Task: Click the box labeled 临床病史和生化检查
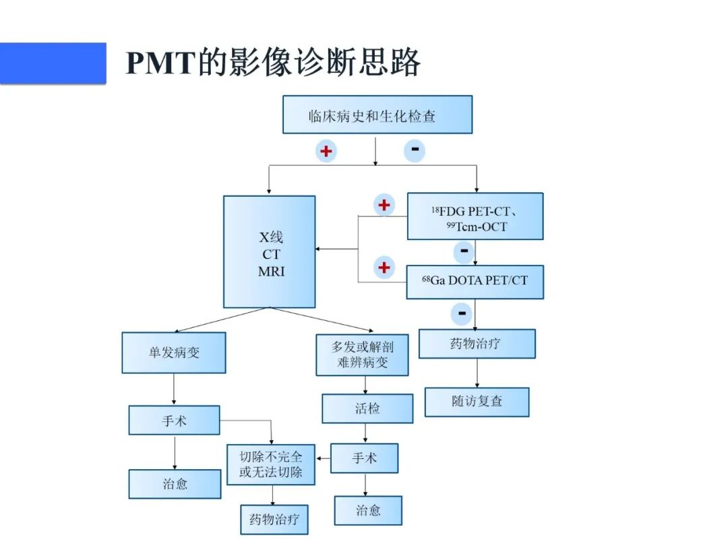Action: tap(377, 115)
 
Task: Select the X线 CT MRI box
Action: tap(270, 251)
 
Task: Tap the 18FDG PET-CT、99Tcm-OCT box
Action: tap(475, 216)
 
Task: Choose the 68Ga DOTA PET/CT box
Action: tap(475, 282)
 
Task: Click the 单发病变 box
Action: tap(174, 352)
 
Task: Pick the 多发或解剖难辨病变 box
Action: tap(362, 355)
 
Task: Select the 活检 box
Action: tap(367, 408)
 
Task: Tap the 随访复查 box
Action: tap(477, 402)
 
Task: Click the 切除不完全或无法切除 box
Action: tap(271, 464)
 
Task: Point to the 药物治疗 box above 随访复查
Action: tap(477, 344)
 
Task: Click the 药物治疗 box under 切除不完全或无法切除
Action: tap(274, 520)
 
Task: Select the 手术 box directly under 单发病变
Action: tap(174, 420)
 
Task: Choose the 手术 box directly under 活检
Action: tap(364, 458)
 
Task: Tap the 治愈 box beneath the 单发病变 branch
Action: tap(175, 484)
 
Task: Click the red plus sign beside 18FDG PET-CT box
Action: tap(384, 204)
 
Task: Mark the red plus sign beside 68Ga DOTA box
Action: tap(384, 268)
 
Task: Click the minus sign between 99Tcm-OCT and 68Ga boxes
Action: tap(464, 251)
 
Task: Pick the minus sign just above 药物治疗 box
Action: tap(462, 312)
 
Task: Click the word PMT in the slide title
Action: tap(160, 63)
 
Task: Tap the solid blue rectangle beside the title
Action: tap(53, 63)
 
